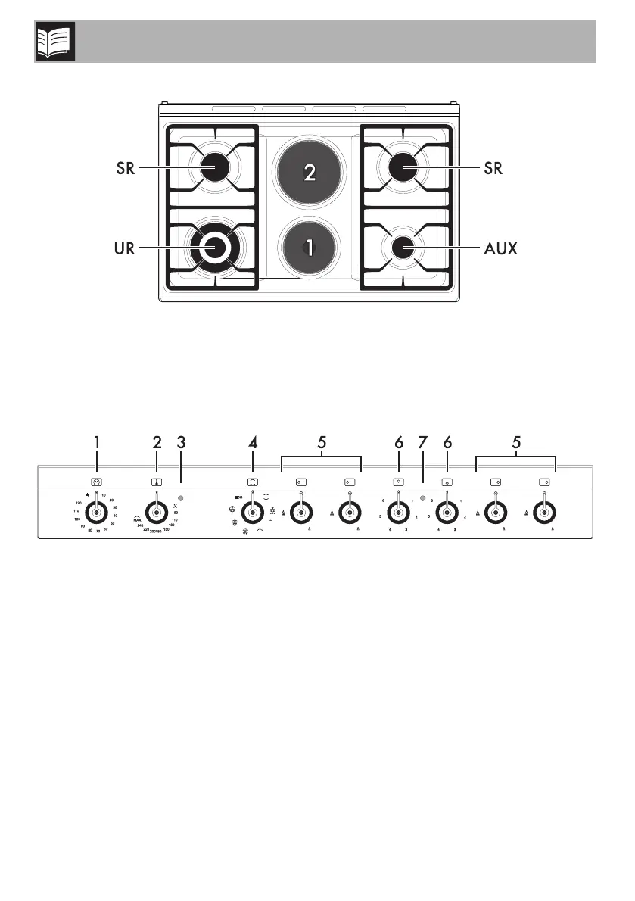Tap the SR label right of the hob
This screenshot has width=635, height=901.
[493, 168]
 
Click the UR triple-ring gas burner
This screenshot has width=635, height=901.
[215, 247]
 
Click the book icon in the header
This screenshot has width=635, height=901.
[51, 42]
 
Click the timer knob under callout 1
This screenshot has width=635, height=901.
[96, 513]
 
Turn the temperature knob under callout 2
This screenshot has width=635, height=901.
[157, 513]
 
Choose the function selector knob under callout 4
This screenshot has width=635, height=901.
[252, 513]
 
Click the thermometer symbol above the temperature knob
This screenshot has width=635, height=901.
[157, 481]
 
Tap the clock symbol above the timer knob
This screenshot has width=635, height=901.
[96, 481]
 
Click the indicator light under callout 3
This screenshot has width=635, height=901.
[181, 499]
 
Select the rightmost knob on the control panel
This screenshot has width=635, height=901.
[543, 513]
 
